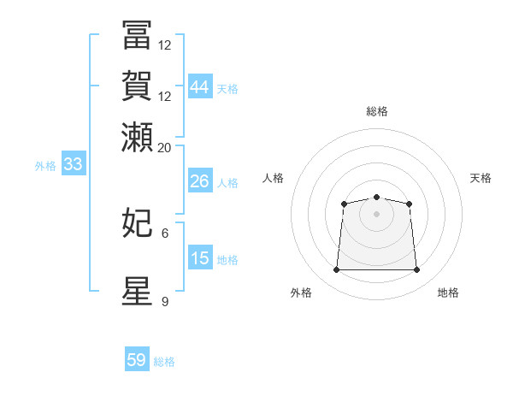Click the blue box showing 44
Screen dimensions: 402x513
coord(199,86)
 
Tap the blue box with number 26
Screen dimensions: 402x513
coord(199,181)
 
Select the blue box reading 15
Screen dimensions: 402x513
coord(199,258)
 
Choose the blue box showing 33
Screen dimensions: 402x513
coord(73,165)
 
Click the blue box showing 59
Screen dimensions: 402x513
coord(137,360)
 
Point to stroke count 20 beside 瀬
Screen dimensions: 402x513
coord(164,147)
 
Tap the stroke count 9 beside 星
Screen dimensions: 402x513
coord(165,301)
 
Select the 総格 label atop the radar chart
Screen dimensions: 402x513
coord(376,111)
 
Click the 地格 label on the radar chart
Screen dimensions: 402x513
coord(448,293)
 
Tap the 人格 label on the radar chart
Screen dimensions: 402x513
coord(274,178)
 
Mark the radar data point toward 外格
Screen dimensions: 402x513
coord(336,270)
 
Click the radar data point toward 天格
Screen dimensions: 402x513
coord(410,204)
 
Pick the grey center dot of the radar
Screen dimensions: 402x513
coord(376,213)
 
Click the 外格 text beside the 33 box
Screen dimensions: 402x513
coord(45,166)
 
